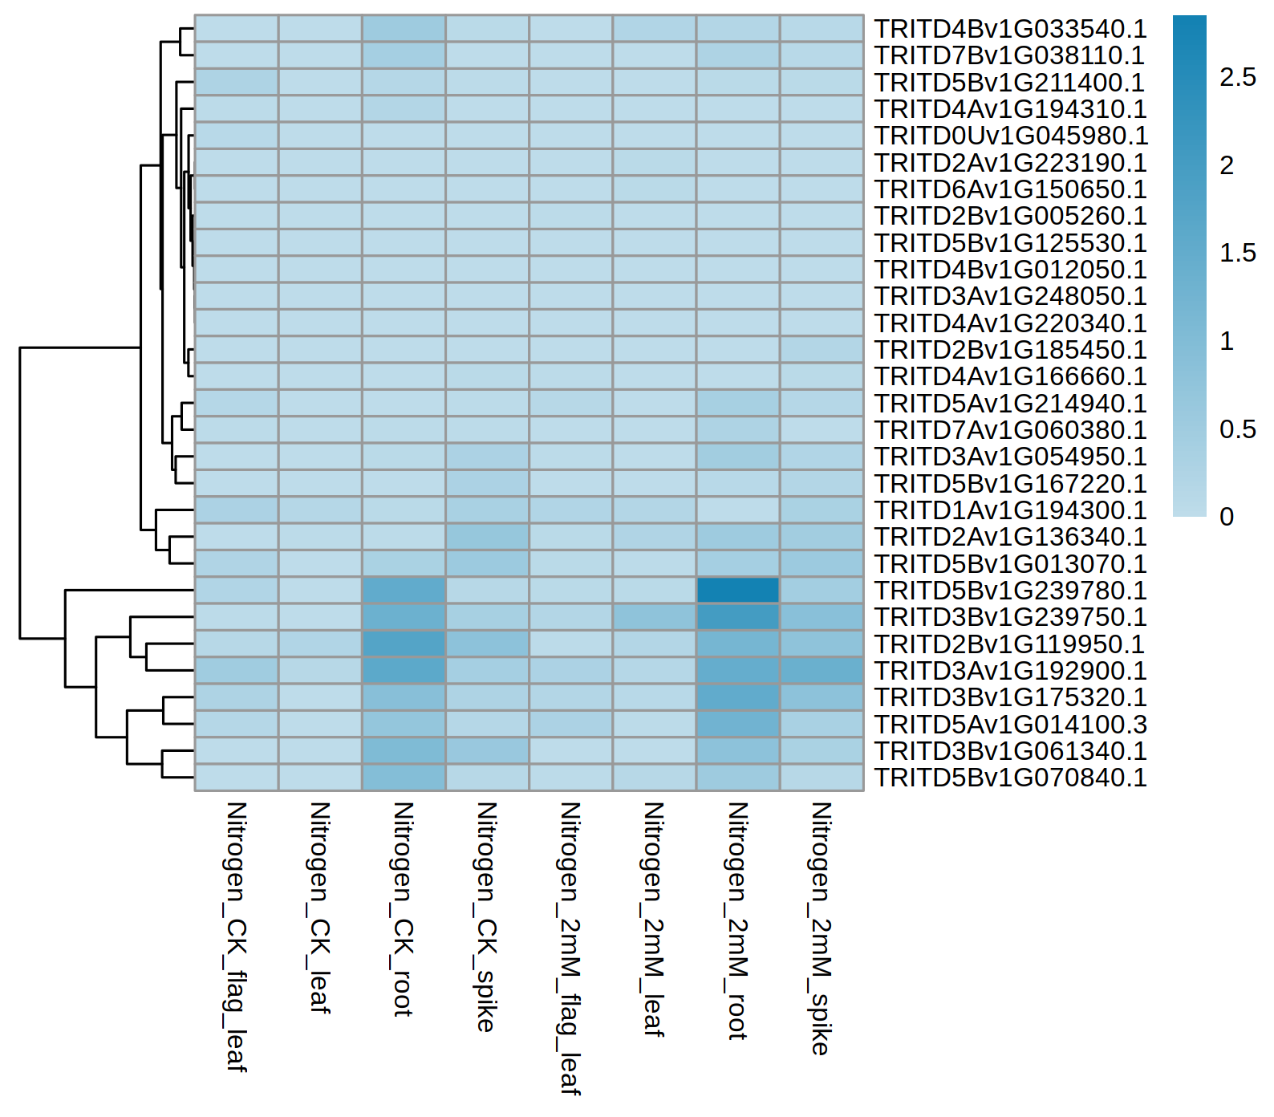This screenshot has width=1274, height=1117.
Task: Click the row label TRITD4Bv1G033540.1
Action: coord(1010,29)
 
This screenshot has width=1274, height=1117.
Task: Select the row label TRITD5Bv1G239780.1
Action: coord(1010,591)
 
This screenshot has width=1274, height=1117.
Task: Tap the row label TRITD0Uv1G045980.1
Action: coord(1011,136)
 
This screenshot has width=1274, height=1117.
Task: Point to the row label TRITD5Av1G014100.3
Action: coord(1010,725)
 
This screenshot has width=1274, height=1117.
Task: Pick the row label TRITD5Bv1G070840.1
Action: coord(1010,778)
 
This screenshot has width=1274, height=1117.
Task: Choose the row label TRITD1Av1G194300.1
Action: coord(1010,510)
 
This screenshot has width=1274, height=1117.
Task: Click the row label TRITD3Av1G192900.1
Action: coord(1010,671)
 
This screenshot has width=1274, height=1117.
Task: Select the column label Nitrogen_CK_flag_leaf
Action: coord(236,936)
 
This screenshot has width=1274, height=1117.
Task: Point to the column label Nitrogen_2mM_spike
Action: coord(821,928)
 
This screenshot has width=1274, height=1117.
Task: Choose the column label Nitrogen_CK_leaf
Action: coord(319,907)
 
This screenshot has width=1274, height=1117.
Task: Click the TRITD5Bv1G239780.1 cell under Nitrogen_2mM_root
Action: coord(737,590)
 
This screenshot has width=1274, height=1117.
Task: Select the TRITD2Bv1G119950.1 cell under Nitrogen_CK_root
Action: coord(404,644)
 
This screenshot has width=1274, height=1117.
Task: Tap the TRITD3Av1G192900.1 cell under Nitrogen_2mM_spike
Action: coord(821,670)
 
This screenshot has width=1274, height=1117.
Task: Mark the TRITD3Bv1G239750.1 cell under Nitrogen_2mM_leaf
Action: coord(654,617)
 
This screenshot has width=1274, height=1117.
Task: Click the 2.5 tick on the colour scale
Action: coord(1237,77)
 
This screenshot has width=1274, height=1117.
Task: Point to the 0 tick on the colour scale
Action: coord(1227,517)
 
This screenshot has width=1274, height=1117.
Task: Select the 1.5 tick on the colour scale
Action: coord(1237,253)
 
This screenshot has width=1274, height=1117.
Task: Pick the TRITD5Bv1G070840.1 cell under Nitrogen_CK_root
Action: coord(404,777)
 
